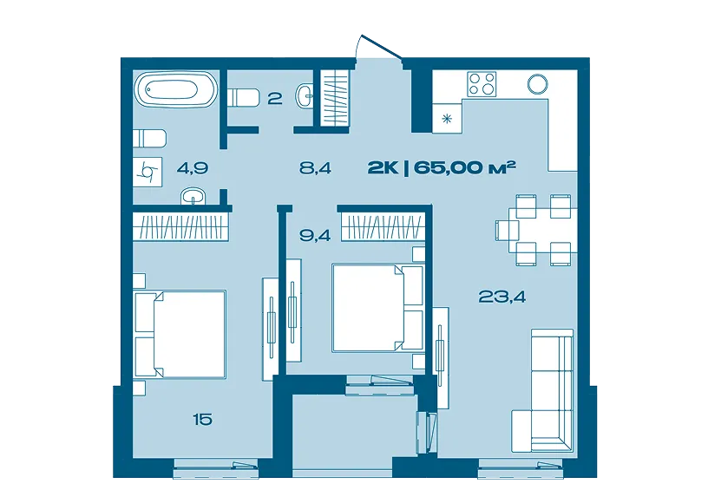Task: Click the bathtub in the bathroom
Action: pos(176,89)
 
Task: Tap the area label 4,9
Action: pos(193,168)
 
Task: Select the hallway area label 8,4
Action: pos(315,168)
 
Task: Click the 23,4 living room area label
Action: pos(501,297)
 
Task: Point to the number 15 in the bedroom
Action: pos(202,420)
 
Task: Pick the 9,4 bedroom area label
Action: pos(315,236)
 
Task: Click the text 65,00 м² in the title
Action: pos(465,168)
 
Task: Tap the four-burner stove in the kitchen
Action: pos(482,84)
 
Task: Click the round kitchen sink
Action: pos(537,84)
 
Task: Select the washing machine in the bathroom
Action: pos(149,172)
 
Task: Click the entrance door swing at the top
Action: pos(378,48)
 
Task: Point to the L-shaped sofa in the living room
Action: pos(543,390)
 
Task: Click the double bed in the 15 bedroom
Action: pos(180,334)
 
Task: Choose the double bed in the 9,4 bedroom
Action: pos(378,308)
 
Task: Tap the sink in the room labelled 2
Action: pos(305,96)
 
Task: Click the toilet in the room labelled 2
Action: pos(243,97)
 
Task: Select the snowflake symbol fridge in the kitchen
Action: pos(447,118)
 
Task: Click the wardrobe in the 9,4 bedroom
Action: pos(383,227)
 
